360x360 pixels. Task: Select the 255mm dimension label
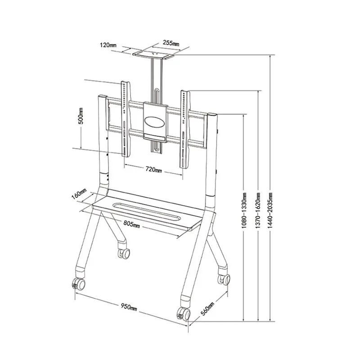pos(171,43)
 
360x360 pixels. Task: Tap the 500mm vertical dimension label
pos(81,116)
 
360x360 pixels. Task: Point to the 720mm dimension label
pos(153,170)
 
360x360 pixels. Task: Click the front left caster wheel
pos(78,284)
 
